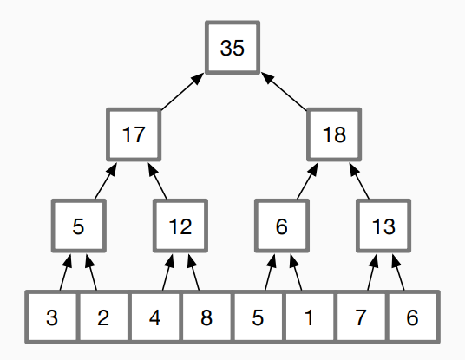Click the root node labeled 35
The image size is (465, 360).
tap(232, 48)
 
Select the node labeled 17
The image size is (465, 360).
tap(134, 134)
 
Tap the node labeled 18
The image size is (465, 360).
tap(334, 134)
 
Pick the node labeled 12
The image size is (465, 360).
tap(180, 226)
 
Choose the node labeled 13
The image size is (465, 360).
tap(383, 226)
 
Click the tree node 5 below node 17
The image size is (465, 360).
tap(79, 226)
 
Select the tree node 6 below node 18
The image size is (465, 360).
tap(282, 226)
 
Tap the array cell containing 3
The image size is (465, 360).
tap(51, 317)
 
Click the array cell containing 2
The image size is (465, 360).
tap(103, 317)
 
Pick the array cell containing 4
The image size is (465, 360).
tap(154, 317)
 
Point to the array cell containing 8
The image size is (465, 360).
tap(206, 317)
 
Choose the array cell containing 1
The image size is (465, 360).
tap(309, 317)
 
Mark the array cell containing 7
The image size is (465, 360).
tap(361, 317)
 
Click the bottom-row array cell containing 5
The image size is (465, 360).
tap(258, 317)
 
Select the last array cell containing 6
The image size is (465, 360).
tap(412, 317)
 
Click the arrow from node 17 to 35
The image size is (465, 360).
tap(182, 92)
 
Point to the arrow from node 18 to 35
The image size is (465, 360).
tap(284, 92)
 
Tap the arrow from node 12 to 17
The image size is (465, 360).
tap(158, 181)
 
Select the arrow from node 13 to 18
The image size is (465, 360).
tap(359, 181)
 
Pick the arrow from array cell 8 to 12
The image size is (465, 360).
tap(193, 272)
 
